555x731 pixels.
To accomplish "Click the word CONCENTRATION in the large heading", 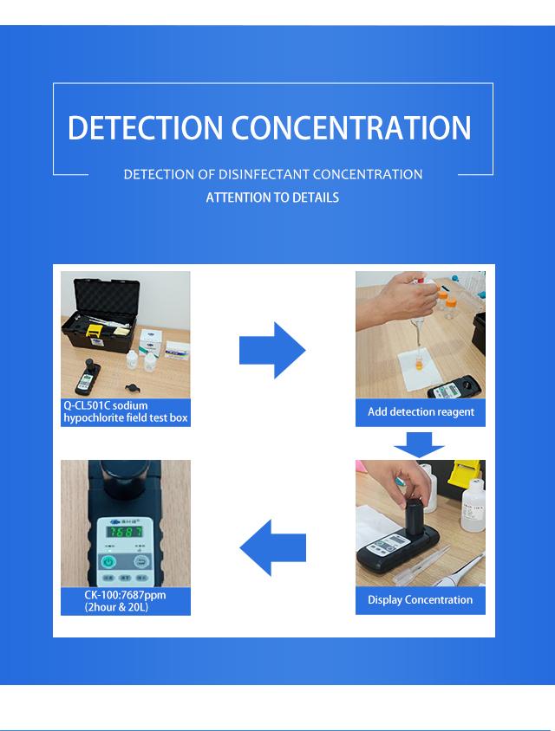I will (x=351, y=127).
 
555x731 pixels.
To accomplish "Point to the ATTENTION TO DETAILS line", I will (x=272, y=197).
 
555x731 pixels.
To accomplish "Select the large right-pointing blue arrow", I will (x=271, y=350).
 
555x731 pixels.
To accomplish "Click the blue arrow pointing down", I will (x=419, y=443).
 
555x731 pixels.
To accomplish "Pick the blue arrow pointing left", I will (x=272, y=547).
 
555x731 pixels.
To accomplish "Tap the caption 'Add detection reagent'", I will (x=421, y=412).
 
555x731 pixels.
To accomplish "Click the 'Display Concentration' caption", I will (x=421, y=599).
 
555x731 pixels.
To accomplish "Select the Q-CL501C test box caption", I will (x=125, y=412).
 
